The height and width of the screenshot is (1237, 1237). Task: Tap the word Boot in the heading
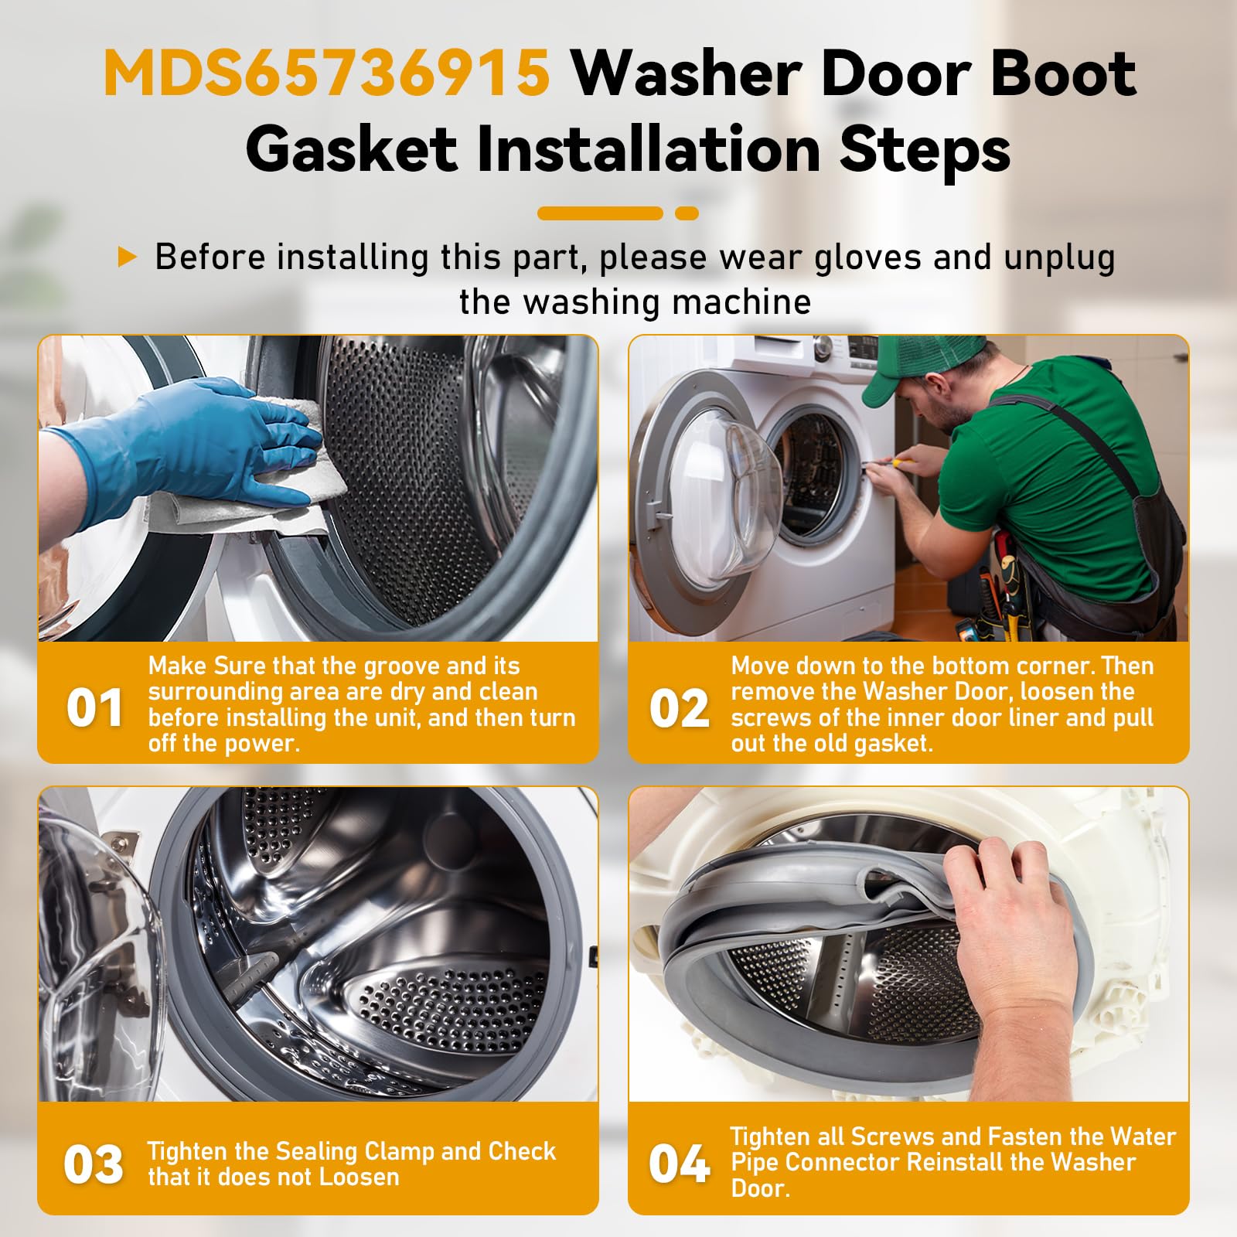1064,73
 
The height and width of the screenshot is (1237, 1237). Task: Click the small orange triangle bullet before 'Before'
127,257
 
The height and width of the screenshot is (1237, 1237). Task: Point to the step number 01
94,707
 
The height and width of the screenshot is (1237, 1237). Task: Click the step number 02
679,707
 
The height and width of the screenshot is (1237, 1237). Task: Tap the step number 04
679,1164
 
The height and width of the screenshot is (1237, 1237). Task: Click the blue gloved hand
193,448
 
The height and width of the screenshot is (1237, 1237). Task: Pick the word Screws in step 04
893,1136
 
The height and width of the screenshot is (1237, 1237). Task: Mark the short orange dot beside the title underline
687,213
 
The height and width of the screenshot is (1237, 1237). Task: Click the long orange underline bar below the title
601,213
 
